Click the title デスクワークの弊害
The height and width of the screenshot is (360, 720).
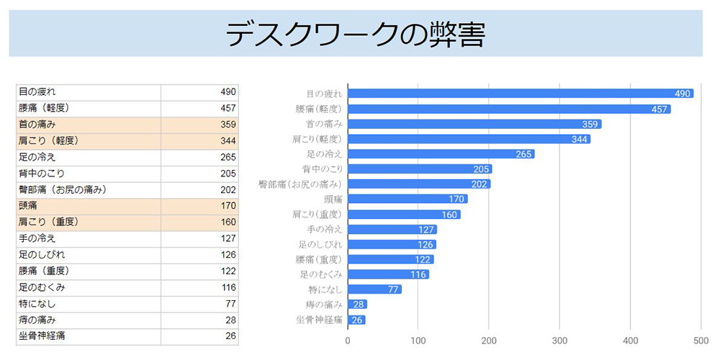click(x=355, y=34)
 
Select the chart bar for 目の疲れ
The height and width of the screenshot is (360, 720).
click(x=520, y=94)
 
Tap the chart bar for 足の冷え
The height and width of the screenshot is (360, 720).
click(x=441, y=154)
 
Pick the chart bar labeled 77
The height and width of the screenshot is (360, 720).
click(x=374, y=289)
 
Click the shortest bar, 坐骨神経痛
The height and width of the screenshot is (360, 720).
click(x=356, y=320)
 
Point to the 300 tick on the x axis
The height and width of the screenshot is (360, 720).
click(x=559, y=340)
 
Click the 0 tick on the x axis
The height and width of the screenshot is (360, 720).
click(x=348, y=340)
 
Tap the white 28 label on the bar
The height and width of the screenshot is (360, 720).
click(x=359, y=305)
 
